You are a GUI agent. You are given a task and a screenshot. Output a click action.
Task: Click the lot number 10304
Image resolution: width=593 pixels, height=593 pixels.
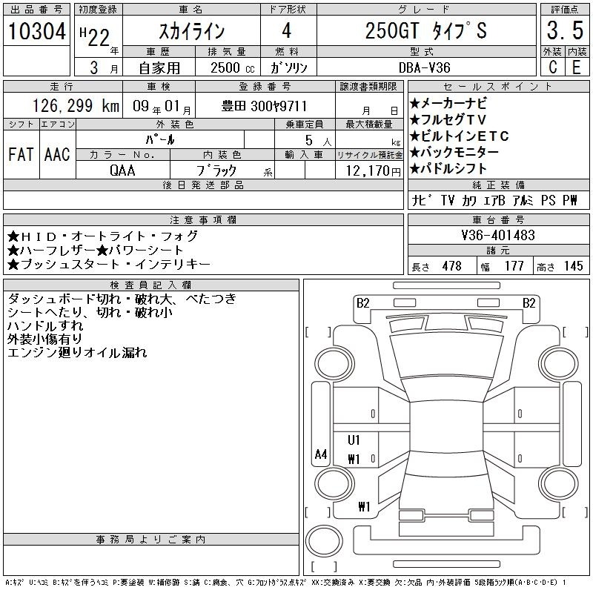36,30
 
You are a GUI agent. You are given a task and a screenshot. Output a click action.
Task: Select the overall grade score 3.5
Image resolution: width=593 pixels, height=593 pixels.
565,30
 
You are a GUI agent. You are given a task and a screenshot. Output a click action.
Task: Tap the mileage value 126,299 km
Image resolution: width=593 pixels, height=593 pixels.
76,106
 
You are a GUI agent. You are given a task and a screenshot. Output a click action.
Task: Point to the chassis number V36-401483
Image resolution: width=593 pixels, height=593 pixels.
498,235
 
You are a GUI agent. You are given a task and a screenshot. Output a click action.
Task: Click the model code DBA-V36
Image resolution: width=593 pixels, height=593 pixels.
425,67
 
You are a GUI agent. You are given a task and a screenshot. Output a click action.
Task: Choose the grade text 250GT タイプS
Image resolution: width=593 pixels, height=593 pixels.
425,30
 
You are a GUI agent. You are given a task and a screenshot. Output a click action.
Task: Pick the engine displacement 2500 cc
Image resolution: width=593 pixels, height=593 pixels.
232,67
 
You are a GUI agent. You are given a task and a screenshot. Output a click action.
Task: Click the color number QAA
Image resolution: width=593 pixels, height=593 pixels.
122,170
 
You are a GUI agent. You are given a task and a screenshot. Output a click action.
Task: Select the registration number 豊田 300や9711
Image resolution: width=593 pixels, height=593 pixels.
264,106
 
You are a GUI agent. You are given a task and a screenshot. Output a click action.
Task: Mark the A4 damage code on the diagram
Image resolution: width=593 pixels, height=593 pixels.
321,454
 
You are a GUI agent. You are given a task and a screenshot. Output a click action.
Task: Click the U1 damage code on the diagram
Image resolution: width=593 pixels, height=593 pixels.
354,440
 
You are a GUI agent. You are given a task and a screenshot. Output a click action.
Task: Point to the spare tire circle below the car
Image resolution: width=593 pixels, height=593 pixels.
324,541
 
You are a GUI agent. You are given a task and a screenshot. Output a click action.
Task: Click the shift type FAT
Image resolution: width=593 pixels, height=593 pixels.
21,154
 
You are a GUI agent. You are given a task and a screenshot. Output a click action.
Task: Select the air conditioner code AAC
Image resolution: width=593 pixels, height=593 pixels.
57,154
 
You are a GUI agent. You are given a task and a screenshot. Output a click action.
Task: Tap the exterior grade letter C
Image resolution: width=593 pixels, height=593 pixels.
552,67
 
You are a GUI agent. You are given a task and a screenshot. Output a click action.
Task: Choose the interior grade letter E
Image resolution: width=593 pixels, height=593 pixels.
577,67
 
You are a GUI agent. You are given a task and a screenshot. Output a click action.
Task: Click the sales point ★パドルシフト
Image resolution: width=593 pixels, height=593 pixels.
448,169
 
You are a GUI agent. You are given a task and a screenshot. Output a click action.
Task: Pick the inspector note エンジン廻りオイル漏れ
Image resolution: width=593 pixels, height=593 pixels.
77,353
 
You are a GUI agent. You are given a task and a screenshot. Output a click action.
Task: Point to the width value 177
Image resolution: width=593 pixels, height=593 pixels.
514,266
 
